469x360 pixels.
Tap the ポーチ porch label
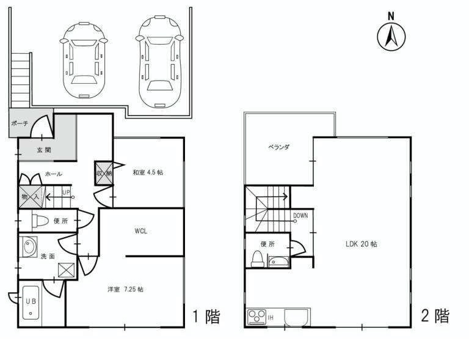[20, 123]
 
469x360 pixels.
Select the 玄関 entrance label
[44, 150]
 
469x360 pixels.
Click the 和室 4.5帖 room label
[148, 172]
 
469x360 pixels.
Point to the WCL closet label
[140, 231]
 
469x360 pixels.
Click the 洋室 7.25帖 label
[126, 289]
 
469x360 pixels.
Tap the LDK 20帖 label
[362, 244]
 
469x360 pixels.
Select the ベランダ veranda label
[278, 147]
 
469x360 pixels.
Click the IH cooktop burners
[257, 317]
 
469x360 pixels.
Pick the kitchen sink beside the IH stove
[296, 317]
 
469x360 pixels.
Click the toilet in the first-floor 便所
[40, 221]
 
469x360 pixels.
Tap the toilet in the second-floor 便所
[258, 259]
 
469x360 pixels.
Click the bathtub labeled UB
[31, 303]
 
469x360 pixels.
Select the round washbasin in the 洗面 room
[29, 247]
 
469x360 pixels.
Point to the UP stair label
[66, 193]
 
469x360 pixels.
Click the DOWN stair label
[300, 216]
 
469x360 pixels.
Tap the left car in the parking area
[84, 59]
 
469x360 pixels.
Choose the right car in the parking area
[160, 62]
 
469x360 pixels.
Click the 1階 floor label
[206, 317]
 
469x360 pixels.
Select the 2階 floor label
[435, 316]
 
